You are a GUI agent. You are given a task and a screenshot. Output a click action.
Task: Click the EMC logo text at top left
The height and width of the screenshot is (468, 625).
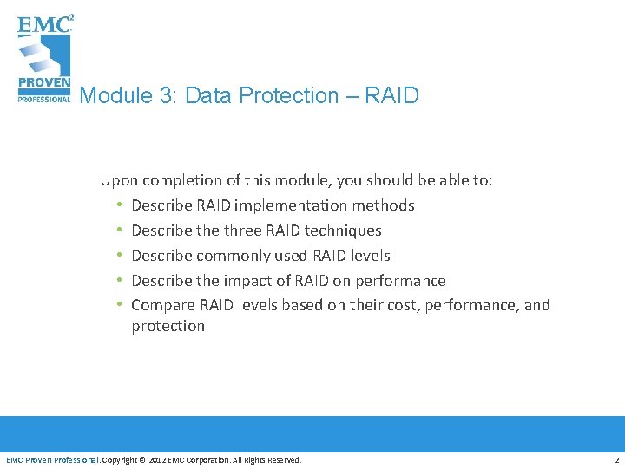43,23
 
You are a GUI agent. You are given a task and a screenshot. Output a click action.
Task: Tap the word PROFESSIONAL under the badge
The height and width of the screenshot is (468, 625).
43,99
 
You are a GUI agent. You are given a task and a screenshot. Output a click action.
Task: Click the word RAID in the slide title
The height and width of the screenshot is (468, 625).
391,95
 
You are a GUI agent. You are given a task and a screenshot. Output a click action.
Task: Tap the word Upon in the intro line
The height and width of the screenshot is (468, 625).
119,180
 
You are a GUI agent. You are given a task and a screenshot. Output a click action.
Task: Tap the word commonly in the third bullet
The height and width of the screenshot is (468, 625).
234,256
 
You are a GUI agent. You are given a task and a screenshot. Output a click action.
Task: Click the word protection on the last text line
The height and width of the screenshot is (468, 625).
168,326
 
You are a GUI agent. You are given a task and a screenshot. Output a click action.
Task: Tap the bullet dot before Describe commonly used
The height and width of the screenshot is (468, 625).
118,256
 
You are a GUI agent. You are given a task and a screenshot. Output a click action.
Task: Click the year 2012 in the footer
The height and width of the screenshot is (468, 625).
159,459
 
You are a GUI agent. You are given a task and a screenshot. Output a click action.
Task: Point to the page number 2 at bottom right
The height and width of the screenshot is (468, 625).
616,459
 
